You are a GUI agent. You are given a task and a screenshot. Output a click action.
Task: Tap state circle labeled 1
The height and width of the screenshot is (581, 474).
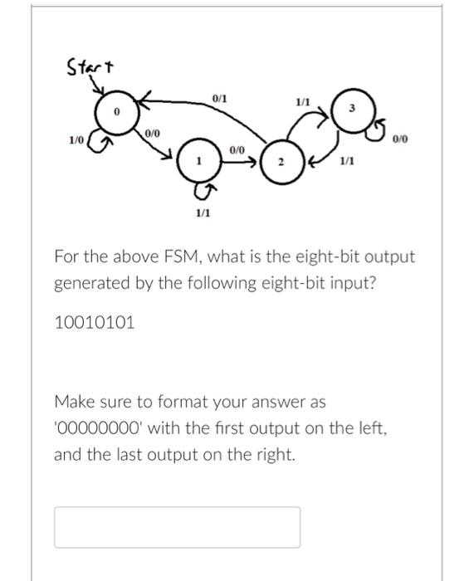198,162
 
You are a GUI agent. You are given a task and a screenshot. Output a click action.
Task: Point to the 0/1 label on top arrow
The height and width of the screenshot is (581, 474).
219,99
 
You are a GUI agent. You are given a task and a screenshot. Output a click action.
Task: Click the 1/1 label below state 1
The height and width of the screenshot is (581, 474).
202,213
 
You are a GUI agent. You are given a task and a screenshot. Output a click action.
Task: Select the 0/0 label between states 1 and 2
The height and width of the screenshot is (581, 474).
237,149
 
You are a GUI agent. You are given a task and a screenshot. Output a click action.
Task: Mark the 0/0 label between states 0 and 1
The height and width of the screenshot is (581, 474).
153,133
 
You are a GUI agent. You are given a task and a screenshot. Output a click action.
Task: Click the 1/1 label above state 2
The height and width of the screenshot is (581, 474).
303,102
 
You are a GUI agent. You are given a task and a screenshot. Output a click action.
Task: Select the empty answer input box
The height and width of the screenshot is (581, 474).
177,526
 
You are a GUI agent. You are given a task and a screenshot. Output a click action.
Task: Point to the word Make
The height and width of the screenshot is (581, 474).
73,402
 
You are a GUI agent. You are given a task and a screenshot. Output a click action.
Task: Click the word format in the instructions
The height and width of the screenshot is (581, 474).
190,402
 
